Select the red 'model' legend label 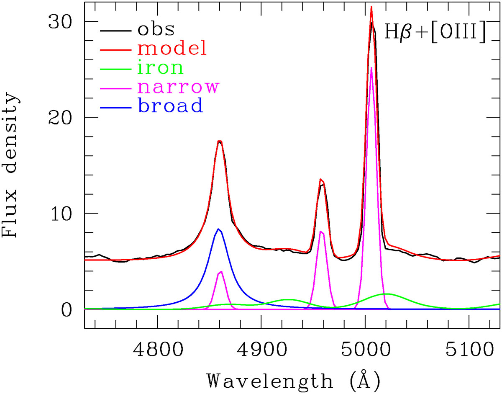(172, 49)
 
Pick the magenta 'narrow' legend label (178, 87)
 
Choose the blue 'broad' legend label (171, 106)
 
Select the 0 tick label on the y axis (67, 309)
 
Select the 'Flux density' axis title (11, 165)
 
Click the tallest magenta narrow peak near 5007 (371, 68)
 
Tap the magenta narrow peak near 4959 (321, 232)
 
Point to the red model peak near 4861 (219, 141)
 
